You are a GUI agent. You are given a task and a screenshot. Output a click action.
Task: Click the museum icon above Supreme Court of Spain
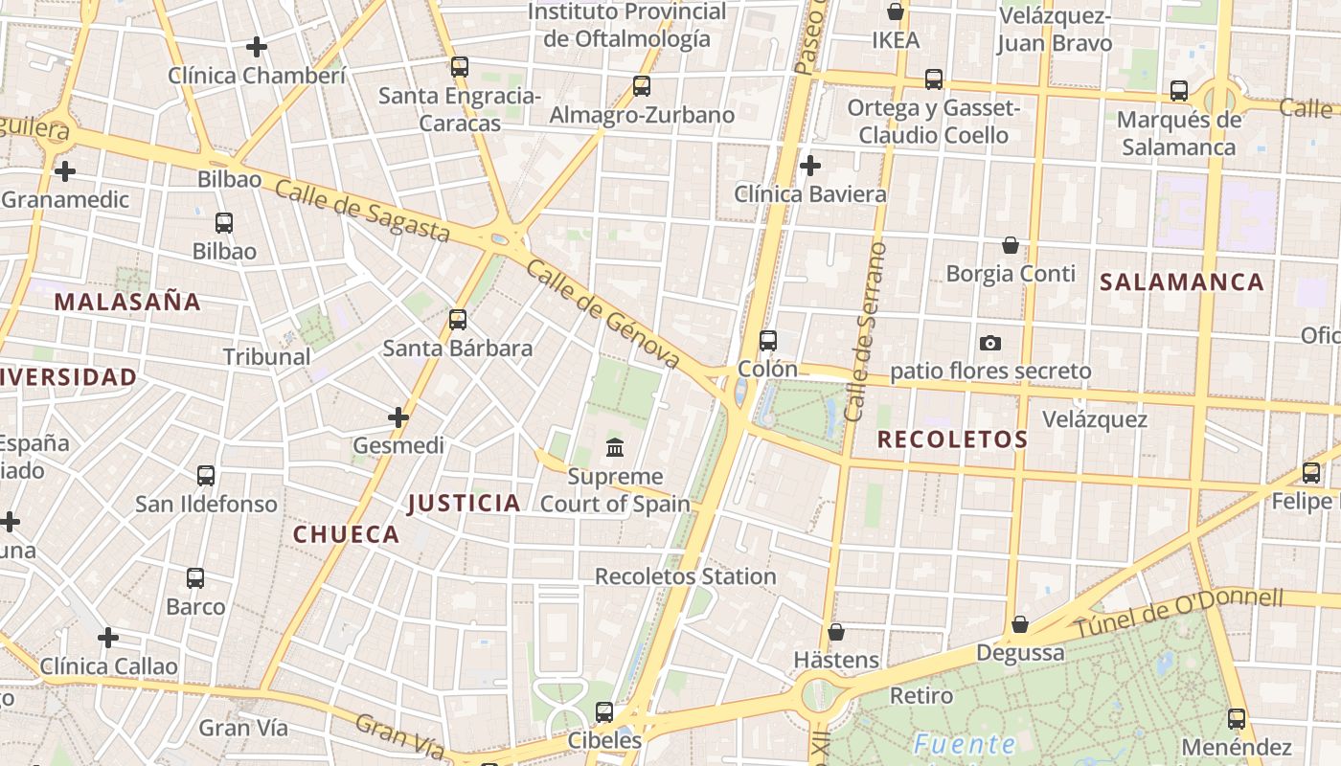click(615, 447)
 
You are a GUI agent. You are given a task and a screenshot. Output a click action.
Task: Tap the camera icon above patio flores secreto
click(990, 343)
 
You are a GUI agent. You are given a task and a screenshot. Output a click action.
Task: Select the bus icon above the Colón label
click(768, 340)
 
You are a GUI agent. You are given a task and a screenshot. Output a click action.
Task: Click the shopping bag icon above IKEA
click(896, 11)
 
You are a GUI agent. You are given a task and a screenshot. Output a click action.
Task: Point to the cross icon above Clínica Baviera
click(810, 166)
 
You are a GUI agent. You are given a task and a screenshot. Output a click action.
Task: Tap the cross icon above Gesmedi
click(398, 417)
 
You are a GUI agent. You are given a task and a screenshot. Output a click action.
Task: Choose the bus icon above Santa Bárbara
click(458, 319)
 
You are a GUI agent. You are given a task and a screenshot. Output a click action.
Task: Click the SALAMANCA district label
click(1182, 282)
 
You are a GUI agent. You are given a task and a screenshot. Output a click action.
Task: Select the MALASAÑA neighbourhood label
click(127, 302)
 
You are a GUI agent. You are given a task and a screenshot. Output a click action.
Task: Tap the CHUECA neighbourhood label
click(346, 534)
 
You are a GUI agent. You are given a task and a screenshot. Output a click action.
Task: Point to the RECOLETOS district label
click(952, 439)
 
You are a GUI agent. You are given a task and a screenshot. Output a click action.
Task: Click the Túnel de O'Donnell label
click(1177, 613)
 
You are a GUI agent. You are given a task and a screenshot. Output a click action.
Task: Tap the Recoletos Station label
click(686, 576)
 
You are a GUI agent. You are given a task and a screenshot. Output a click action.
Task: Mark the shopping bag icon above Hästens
click(836, 632)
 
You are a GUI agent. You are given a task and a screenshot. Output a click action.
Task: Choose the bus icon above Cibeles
click(604, 711)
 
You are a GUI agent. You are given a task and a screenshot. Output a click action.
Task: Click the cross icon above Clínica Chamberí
click(257, 46)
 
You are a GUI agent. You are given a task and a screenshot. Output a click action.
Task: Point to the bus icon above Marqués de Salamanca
click(1179, 91)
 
